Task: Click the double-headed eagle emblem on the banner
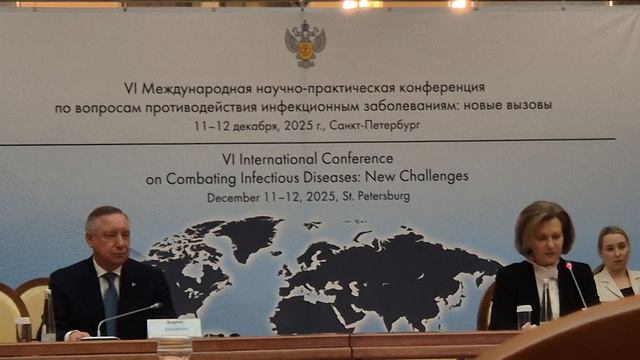(305, 42)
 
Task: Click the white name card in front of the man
(173, 328)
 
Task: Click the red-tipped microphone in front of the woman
(570, 267)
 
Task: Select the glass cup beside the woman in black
(524, 316)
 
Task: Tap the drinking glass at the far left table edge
(23, 329)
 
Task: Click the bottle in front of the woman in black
(547, 301)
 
